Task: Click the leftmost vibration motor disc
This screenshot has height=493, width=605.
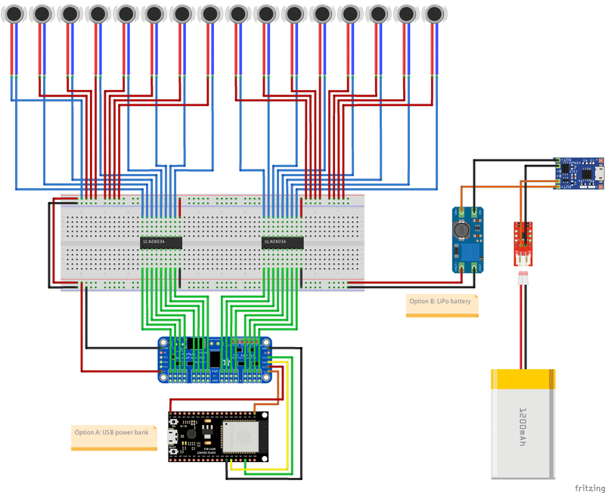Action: pos(15,13)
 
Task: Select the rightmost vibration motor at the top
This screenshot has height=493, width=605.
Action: pos(433,13)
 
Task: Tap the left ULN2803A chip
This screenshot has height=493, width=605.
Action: pos(161,242)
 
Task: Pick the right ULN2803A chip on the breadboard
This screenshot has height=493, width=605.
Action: pos(282,242)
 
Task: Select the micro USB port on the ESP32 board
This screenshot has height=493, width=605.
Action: pos(173,436)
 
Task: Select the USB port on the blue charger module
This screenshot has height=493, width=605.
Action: pos(598,172)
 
